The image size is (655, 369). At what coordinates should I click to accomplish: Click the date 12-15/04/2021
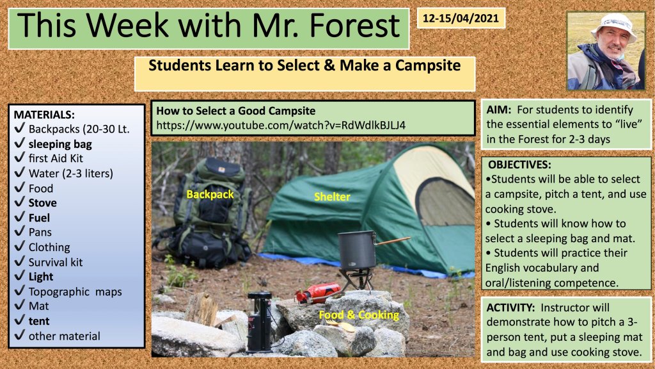(461, 19)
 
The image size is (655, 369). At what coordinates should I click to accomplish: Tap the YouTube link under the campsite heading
(281, 126)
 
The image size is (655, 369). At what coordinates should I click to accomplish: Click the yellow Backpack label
(210, 195)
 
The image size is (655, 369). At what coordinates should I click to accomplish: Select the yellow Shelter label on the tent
(332, 197)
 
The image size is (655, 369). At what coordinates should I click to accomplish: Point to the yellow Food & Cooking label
(359, 315)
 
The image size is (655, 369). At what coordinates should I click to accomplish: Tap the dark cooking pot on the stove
(358, 250)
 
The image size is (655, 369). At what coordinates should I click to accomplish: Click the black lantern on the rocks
(260, 322)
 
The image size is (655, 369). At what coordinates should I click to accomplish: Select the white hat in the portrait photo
(614, 26)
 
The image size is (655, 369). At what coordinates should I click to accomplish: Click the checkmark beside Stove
(20, 202)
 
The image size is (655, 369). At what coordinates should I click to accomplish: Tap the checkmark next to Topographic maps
(20, 291)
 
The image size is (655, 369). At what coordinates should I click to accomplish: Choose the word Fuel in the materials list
(39, 218)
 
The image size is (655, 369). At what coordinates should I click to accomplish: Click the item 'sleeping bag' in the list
(60, 144)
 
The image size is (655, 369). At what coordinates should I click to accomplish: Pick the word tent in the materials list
(39, 322)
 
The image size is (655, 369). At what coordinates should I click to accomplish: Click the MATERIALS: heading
(44, 115)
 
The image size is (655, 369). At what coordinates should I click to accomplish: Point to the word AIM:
(499, 110)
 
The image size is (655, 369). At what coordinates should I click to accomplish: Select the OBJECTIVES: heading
(519, 165)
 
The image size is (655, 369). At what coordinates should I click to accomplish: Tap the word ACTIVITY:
(510, 307)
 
